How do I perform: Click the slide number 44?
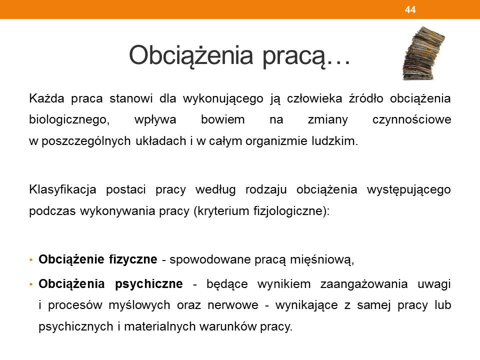pos(410,9)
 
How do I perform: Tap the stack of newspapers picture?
pos(423,53)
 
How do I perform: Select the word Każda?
pos(47,98)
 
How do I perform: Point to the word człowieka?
pos(314,98)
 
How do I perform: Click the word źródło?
pos(366,98)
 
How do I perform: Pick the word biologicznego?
pos(69,120)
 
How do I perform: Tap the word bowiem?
pos(223,119)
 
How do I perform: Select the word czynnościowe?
pos(411,119)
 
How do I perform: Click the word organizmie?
pos(276,141)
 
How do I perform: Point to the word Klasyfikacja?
pos(63,190)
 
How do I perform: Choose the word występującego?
pos(408,190)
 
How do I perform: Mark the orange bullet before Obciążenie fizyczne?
pos(31,260)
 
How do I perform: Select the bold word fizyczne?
pos(133,259)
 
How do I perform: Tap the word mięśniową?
pos(321,260)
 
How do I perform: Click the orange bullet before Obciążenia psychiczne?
pos(31,284)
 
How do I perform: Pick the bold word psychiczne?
pos(149,284)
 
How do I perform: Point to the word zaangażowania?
pos(364,284)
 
